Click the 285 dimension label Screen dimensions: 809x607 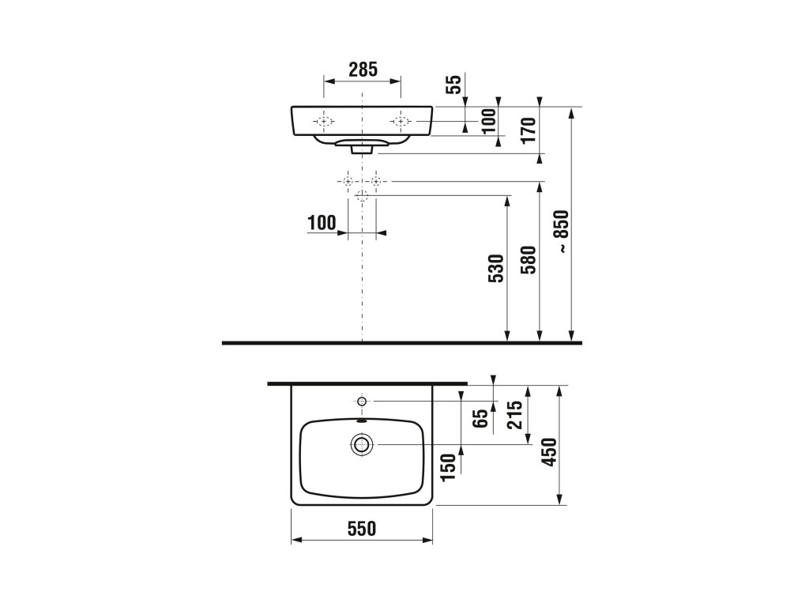coord(363,70)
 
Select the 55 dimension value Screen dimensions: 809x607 coord(453,84)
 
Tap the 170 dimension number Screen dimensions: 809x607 coord(529,130)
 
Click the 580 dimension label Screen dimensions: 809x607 coord(529,259)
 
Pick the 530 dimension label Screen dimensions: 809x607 coord(496,269)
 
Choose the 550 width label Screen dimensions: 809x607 coord(362,528)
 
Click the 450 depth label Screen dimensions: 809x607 coord(550,451)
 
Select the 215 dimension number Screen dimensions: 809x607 coord(515,414)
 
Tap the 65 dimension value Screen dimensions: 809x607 coord(480,417)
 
